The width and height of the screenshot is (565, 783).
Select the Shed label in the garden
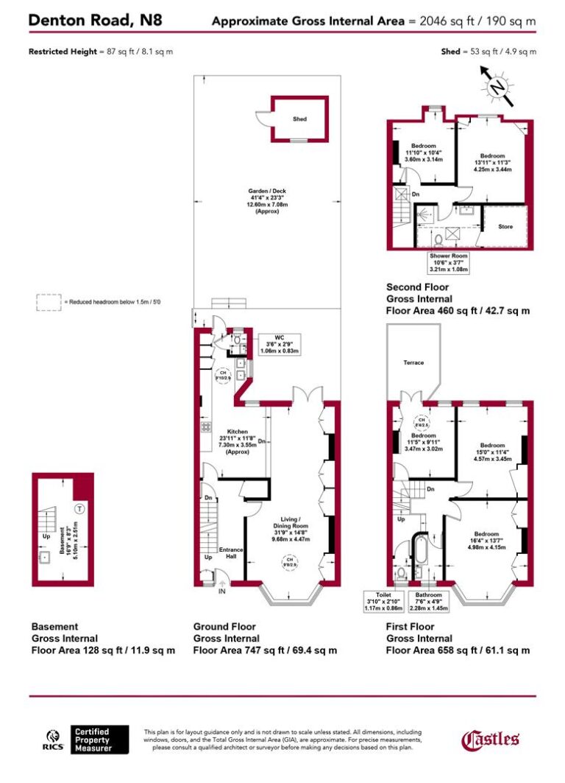tap(299, 119)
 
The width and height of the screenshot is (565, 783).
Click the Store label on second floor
tap(505, 227)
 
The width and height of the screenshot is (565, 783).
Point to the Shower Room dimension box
tap(449, 262)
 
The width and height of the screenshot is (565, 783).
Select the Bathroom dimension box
tap(428, 601)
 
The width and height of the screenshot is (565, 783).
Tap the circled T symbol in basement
tap(79, 509)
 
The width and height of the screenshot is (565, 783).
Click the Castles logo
tap(490, 739)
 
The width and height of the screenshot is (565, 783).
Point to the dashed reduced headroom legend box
tap(49, 302)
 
